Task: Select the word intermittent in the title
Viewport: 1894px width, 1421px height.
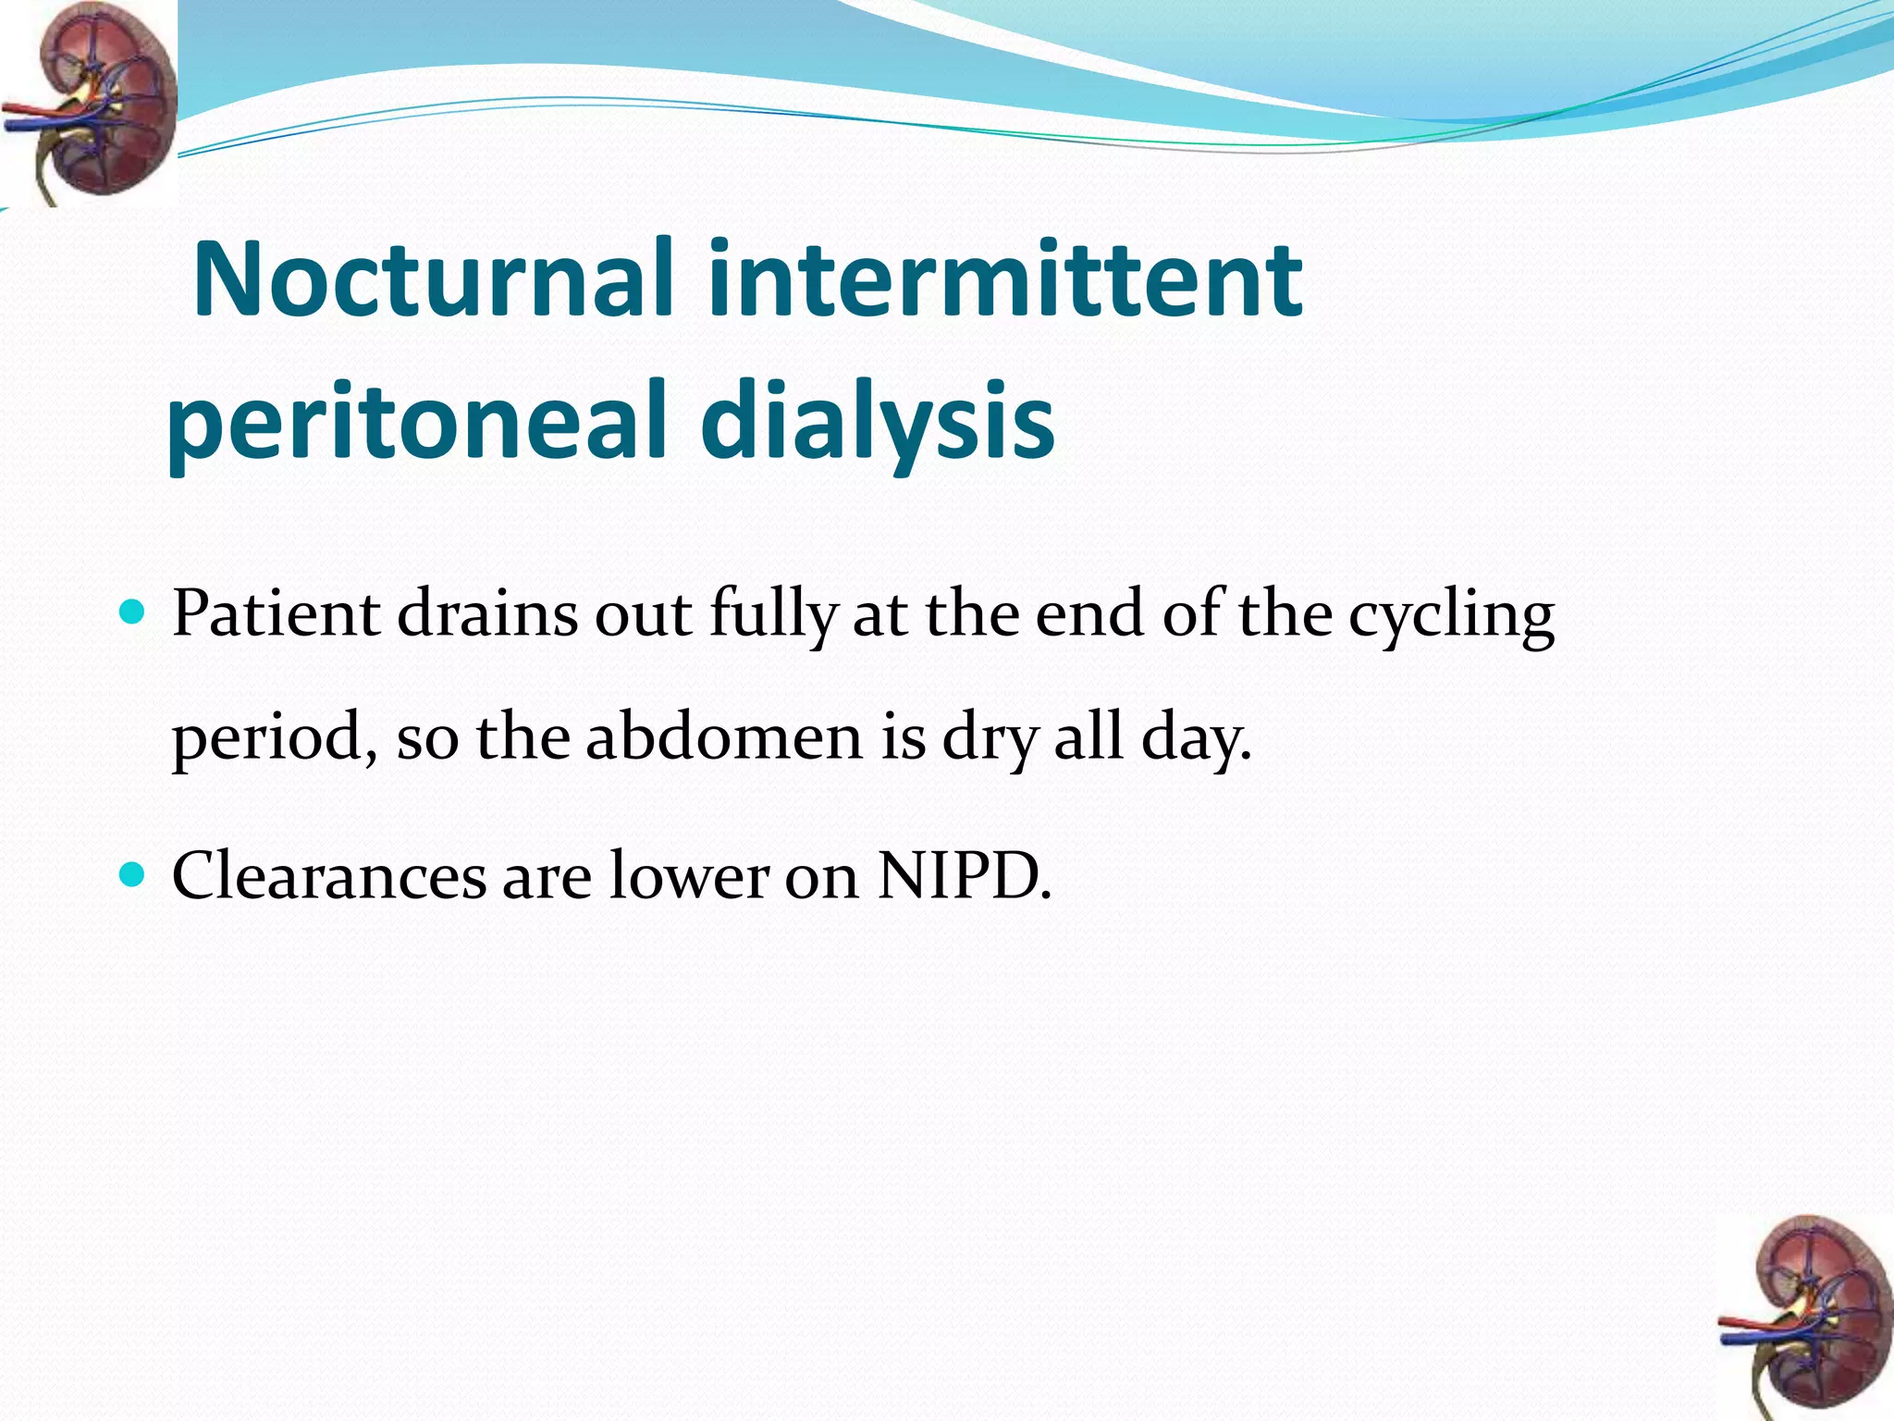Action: (x=1005, y=279)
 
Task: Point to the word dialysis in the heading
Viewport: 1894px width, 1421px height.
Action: (x=877, y=421)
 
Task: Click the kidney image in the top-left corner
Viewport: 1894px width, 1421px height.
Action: (x=89, y=102)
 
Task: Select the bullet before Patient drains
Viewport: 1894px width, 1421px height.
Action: (x=133, y=612)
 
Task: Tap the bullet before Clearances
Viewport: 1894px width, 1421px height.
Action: (x=133, y=873)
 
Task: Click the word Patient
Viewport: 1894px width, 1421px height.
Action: (x=276, y=614)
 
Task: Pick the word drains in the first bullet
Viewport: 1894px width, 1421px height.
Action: (x=487, y=614)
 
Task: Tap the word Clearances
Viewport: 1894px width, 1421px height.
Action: (x=328, y=875)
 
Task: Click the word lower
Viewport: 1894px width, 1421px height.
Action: (x=689, y=875)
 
